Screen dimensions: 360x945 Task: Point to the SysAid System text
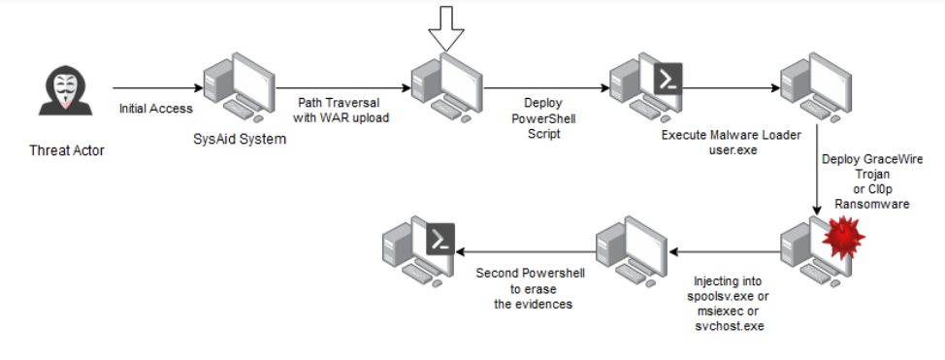pyautogui.click(x=240, y=140)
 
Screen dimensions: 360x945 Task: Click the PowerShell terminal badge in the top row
pyautogui.click(x=668, y=77)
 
